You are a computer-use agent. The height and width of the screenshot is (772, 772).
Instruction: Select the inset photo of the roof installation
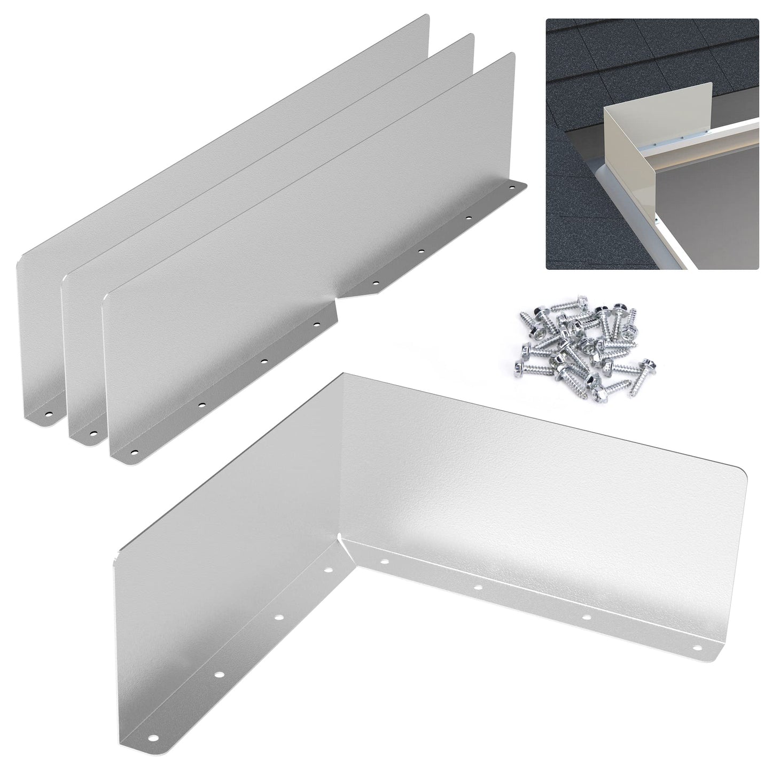652,144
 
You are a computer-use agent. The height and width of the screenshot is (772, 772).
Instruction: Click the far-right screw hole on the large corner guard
697,648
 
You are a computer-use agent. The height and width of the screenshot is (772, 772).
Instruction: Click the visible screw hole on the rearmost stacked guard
48,414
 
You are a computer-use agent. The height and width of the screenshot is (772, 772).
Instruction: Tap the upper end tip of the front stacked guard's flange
526,184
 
